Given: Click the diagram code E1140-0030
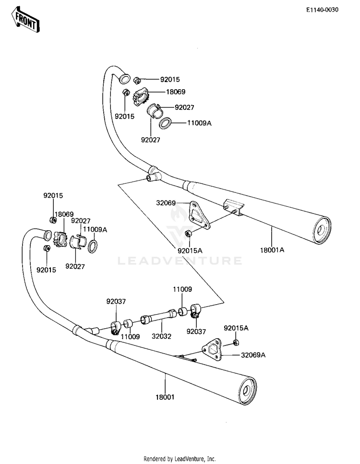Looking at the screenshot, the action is (x=322, y=10).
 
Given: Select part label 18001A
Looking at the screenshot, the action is (x=272, y=250).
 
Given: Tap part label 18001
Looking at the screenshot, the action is (x=165, y=397).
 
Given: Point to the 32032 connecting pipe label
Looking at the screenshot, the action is (x=161, y=336).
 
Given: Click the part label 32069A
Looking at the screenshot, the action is (x=253, y=355).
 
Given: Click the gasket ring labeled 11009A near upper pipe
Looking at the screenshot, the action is (x=166, y=123).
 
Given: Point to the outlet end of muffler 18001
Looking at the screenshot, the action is (x=246, y=392).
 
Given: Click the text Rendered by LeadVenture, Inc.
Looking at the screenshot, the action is (x=180, y=459).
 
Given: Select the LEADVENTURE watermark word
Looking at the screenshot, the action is (x=180, y=261).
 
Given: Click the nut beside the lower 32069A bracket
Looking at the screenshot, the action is (x=236, y=343).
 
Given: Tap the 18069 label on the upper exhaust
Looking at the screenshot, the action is (x=176, y=92).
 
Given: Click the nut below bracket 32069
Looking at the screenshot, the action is (x=188, y=234).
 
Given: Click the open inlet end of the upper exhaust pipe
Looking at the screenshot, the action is (x=124, y=78).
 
